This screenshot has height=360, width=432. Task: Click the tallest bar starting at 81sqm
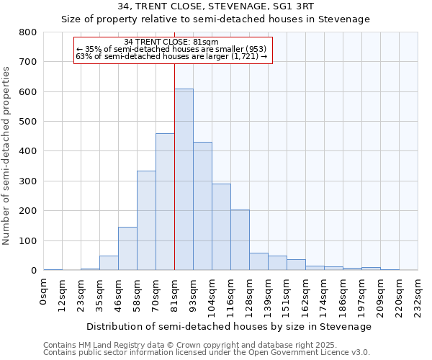click(x=184, y=180)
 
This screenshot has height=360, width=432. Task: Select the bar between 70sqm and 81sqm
click(x=165, y=202)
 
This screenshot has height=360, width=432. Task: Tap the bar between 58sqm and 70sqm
click(x=146, y=220)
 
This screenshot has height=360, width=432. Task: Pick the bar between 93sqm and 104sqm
click(x=202, y=206)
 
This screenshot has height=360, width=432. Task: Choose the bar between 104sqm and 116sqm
click(x=221, y=227)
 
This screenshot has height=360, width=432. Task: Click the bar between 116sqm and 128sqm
click(x=240, y=240)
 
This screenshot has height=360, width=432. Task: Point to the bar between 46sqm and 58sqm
click(x=127, y=249)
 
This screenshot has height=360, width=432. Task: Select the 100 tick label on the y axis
click(x=27, y=240)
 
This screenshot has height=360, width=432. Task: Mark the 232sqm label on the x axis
click(x=418, y=295)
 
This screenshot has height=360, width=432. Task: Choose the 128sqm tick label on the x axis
click(x=250, y=295)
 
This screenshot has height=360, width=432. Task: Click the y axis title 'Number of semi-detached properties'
click(x=7, y=155)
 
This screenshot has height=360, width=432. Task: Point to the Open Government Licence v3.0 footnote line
click(x=207, y=353)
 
